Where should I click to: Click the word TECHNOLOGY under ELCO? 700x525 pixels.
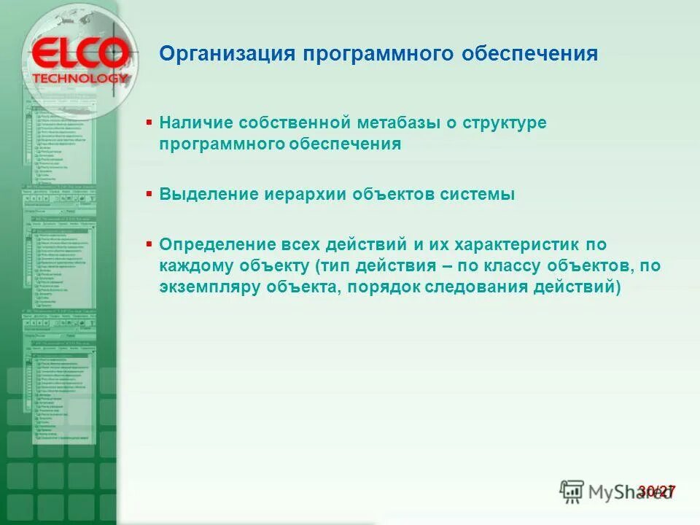tap(81, 78)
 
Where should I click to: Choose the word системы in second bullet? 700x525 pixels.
tap(477, 195)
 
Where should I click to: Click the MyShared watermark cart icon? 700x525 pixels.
tap(572, 491)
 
